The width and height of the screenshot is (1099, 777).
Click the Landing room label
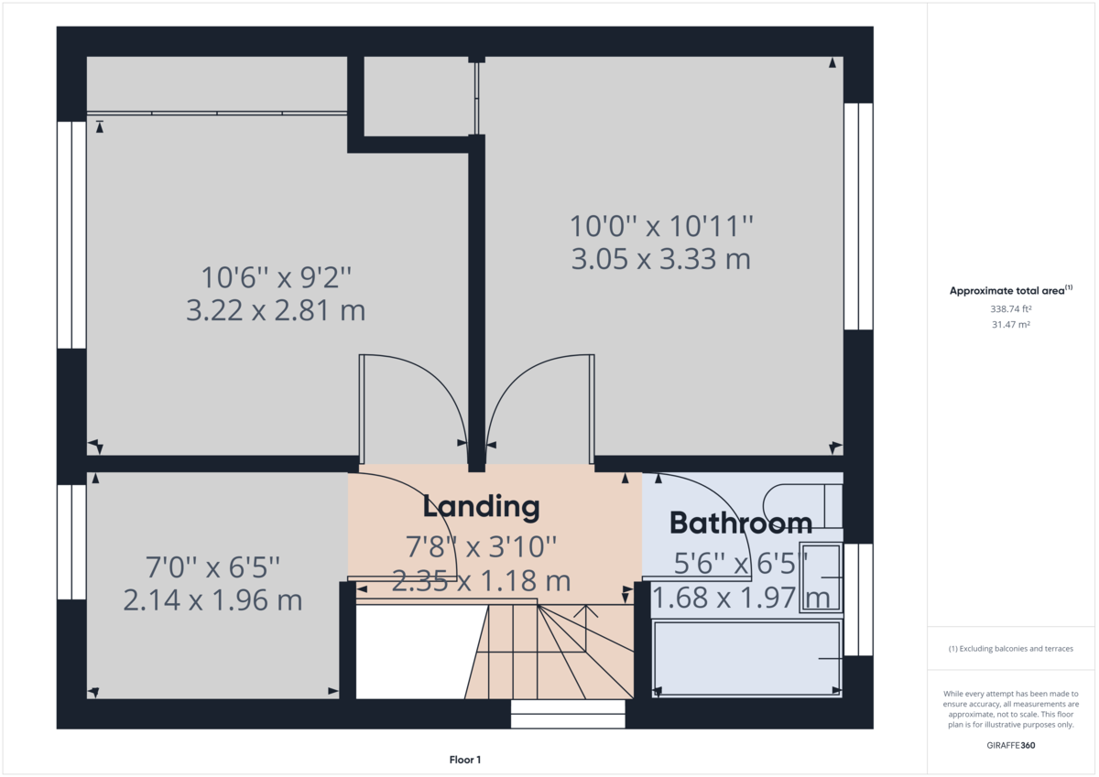pos(481,506)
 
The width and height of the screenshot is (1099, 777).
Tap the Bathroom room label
pos(740,523)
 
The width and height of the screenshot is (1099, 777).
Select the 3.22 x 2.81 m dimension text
pos(276,311)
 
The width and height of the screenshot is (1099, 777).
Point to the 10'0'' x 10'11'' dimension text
pos(661,225)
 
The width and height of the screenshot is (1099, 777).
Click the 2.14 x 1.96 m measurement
pos(212,600)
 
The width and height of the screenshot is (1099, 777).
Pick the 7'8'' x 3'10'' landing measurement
pos(482,547)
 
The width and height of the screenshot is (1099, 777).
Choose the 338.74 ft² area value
pos(1010,309)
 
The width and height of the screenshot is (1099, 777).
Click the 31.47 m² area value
pos(1010,324)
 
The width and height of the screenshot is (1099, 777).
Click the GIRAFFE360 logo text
pos(1010,745)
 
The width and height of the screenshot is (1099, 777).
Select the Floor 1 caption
pos(465,760)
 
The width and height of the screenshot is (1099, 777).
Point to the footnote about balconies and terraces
pos(1010,648)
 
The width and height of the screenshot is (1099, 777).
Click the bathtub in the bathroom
pos(746,659)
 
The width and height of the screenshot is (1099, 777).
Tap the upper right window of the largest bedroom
pos(858,215)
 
